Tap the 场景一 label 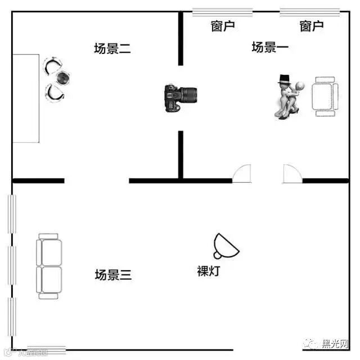coord(270,47)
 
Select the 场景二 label coord(112,49)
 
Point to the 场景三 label coord(113,275)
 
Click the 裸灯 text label coord(208,271)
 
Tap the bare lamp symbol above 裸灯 coord(224,245)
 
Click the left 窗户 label coord(223,26)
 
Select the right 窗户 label coord(311,26)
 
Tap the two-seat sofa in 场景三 coord(49,265)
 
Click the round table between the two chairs coord(64,78)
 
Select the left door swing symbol coord(242,174)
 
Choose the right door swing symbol coord(291,174)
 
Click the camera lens coord(190,94)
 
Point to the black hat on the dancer coord(285,79)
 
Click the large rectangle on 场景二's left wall coord(26,98)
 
